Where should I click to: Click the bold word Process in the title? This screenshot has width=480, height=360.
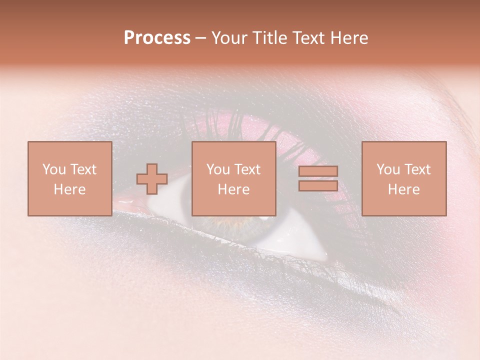click(157, 38)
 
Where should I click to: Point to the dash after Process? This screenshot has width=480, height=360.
click(200, 38)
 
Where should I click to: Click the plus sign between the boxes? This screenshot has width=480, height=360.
click(152, 179)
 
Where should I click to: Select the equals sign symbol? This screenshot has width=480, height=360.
click(318, 178)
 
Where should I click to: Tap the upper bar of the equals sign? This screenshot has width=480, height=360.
click(318, 171)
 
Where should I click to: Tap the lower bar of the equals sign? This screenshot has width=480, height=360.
click(318, 185)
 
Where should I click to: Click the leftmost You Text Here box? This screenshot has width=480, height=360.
click(69, 178)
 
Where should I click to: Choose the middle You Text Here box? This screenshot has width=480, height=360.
click(233, 178)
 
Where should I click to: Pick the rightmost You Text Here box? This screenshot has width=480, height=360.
click(403, 178)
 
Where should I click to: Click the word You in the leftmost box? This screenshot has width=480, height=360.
click(53, 169)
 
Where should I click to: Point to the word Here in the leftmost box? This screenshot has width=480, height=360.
click(69, 189)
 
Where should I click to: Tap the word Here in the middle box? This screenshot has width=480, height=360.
click(233, 189)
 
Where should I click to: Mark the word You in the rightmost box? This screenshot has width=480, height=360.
click(387, 169)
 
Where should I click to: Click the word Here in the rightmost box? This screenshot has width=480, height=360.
click(403, 189)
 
